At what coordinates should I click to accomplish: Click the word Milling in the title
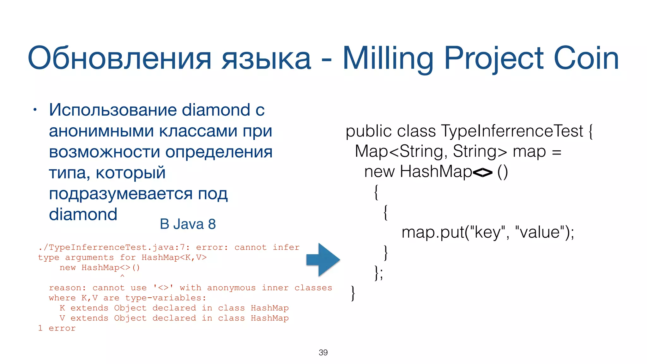point(388,58)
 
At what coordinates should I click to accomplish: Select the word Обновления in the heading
point(119,58)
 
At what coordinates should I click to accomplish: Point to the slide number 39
point(323,352)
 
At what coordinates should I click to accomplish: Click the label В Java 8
point(188,224)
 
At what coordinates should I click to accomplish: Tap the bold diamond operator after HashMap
point(482,173)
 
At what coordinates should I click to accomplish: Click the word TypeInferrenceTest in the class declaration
point(512,131)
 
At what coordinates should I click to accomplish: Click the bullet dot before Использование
point(35,110)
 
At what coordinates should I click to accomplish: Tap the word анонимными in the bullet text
point(101,131)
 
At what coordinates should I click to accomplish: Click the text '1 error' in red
point(57,328)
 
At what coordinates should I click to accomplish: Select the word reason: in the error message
point(67,288)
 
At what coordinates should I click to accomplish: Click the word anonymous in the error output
point(231,288)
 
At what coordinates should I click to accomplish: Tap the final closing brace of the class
point(353,293)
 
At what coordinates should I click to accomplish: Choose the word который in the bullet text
point(130,173)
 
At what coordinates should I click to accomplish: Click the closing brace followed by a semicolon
point(378,273)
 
